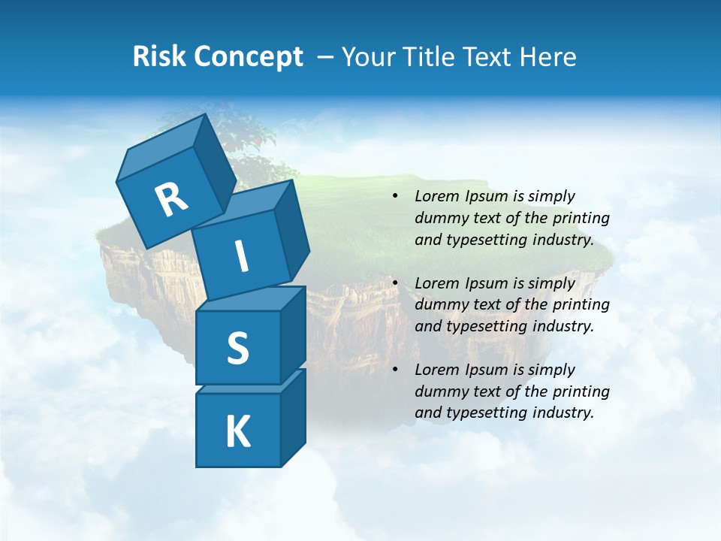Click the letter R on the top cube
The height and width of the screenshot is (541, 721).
pos(171,200)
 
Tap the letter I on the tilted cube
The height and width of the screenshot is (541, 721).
pos(241,257)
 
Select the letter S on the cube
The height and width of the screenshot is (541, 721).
pos(237,348)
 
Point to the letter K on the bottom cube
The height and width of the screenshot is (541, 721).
pos(237,431)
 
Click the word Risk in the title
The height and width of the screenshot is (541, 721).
pos(159,57)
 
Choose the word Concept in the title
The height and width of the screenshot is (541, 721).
pos(248,57)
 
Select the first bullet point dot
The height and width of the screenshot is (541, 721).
pos(395,197)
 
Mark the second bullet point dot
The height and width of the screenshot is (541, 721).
pos(395,284)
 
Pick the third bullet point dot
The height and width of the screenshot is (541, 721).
pos(395,370)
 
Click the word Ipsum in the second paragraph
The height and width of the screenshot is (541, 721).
pos(485,284)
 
